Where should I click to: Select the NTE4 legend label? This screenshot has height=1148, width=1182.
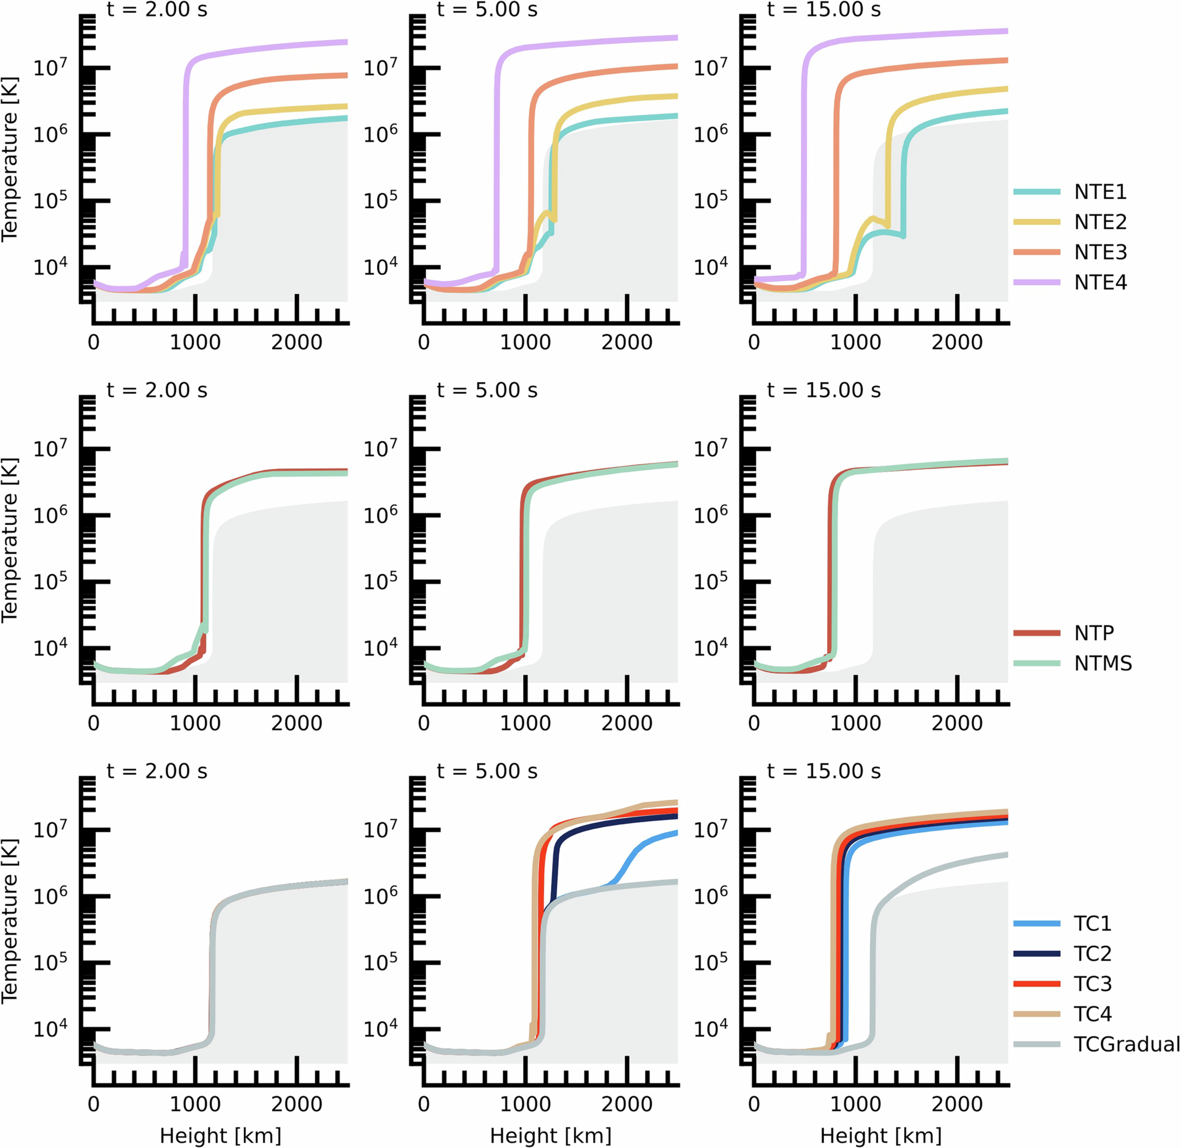click(x=1100, y=282)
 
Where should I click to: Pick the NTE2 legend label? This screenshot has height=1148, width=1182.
click(x=1100, y=222)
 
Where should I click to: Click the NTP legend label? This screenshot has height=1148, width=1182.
click(x=1094, y=633)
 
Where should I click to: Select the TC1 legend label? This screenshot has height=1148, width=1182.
click(x=1092, y=923)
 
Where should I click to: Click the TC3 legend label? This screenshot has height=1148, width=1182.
click(x=1092, y=983)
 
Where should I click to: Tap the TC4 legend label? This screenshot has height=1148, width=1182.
click(x=1092, y=1013)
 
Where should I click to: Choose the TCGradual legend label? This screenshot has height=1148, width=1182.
click(x=1126, y=1044)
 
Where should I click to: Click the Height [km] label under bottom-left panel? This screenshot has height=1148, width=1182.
click(x=221, y=1135)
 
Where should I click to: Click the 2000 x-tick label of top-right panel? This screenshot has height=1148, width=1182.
click(x=957, y=342)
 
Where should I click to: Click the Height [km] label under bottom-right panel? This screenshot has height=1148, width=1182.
click(x=881, y=1135)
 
